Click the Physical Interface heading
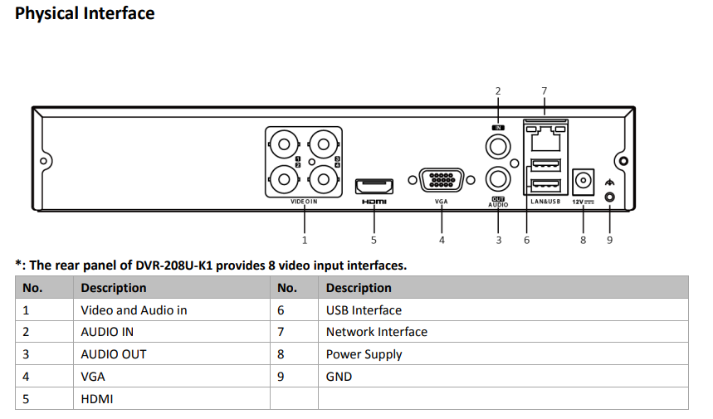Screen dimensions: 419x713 [x=85, y=13]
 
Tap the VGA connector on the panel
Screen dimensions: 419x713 [x=441, y=181]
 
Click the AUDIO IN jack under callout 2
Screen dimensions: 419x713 [x=498, y=147]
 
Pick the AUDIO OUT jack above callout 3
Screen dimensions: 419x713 [x=498, y=177]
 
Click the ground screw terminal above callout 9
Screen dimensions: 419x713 [x=610, y=197]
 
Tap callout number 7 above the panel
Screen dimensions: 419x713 [x=544, y=90]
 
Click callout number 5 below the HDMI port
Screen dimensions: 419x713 [x=374, y=240]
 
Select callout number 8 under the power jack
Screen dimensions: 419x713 [x=583, y=240]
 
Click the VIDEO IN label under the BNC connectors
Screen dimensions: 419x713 [x=304, y=202]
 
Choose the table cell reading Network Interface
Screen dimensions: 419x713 [x=377, y=332]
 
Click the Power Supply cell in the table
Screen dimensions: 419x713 [x=364, y=354]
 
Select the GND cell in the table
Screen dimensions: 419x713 [x=339, y=377]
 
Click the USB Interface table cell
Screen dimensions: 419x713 [x=364, y=310]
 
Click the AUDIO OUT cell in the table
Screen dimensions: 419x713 [x=113, y=354]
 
